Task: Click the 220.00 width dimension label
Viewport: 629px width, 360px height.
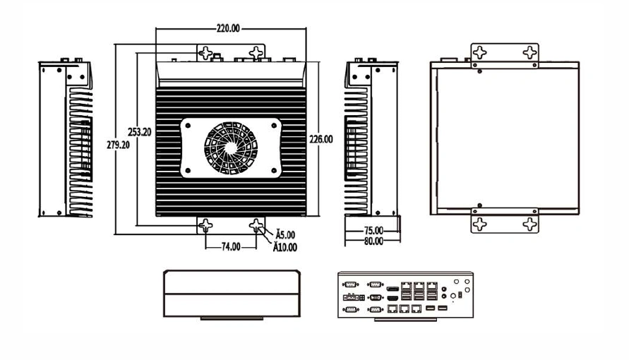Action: (228, 28)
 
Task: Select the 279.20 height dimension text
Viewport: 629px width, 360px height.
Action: (119, 145)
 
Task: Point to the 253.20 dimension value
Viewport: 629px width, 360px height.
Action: (139, 132)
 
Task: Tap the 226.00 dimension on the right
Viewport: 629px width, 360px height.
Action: (321, 140)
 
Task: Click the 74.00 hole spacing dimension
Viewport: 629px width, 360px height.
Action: (231, 247)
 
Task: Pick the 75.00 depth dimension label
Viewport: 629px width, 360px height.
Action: (373, 231)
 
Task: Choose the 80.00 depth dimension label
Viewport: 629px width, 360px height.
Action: (373, 241)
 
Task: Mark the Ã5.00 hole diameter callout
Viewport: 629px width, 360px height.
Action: (285, 235)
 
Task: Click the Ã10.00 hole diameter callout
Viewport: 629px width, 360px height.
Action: (285, 247)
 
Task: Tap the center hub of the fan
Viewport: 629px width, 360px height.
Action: (231, 148)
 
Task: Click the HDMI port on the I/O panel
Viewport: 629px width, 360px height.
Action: (393, 299)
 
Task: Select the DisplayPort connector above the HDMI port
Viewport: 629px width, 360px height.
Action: (393, 289)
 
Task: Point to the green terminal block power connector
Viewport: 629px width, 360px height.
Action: (352, 297)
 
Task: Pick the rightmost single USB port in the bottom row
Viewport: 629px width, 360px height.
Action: (443, 308)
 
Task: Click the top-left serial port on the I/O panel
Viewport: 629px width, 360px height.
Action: (351, 284)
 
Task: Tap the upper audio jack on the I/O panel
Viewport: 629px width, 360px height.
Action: (443, 289)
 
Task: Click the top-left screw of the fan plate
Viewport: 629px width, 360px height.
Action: (188, 126)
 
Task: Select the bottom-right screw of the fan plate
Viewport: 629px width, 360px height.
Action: (275, 171)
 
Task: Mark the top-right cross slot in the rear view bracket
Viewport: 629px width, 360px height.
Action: (530, 52)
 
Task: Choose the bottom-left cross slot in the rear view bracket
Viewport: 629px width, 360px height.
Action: (480, 224)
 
